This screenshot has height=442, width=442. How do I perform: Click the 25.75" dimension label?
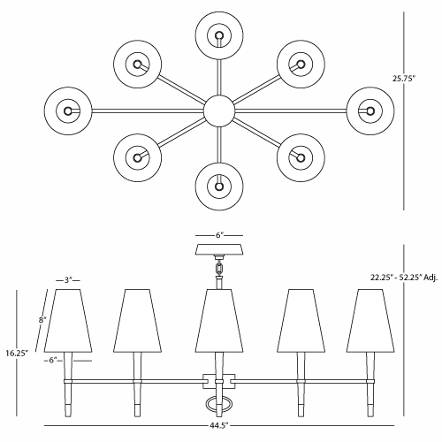pyautogui.click(x=403, y=79)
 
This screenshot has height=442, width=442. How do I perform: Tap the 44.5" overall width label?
pyautogui.click(x=219, y=426)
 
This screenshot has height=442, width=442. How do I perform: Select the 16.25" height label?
pyautogui.click(x=17, y=353)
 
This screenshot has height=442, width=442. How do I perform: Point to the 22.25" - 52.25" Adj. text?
pyautogui.click(x=404, y=278)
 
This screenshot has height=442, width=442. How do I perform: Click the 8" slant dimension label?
pyautogui.click(x=42, y=319)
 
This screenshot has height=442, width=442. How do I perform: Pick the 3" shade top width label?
pyautogui.click(x=68, y=280)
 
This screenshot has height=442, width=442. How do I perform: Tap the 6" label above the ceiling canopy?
pyautogui.click(x=219, y=235)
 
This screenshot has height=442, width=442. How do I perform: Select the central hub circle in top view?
pyautogui.click(x=219, y=110)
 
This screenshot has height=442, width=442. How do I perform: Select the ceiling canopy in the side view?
pyautogui.click(x=219, y=249)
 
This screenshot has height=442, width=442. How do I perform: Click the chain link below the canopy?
pyautogui.click(x=219, y=268)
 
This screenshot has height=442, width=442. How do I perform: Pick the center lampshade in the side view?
pyautogui.click(x=219, y=321)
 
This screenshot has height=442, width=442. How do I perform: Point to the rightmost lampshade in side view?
pyautogui.click(x=370, y=321)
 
